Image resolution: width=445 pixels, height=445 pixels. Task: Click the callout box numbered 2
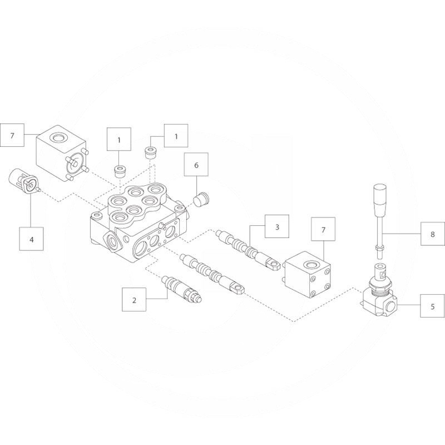click(134, 299)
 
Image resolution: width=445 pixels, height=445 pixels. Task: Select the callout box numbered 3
click(277, 226)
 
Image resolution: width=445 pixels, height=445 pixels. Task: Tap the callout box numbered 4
click(32, 239)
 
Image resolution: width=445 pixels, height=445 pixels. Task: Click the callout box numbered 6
click(196, 164)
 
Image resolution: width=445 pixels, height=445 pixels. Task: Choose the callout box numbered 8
click(433, 234)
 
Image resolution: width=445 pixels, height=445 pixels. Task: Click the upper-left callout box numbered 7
click(12, 135)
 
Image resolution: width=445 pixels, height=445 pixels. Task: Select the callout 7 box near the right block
click(323, 229)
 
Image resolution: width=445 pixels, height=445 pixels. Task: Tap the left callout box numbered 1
click(119, 139)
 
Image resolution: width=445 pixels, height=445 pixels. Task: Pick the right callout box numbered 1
click(176, 136)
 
